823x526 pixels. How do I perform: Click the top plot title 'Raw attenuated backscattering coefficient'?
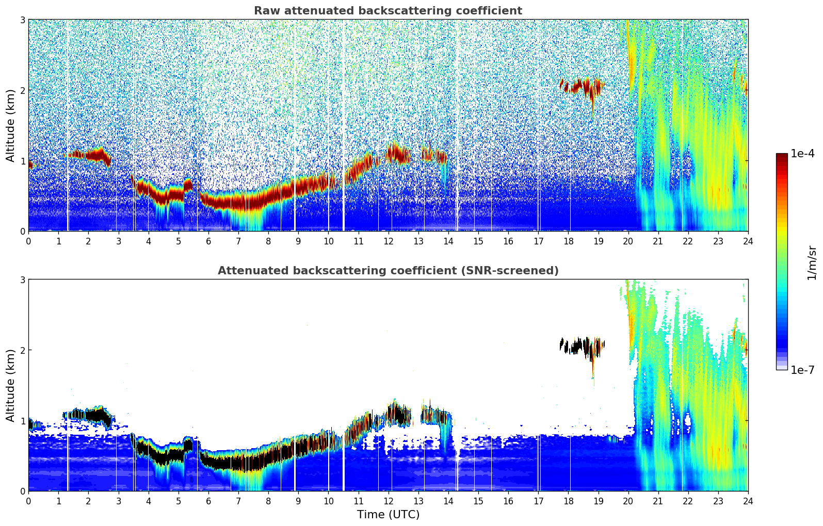point(388,11)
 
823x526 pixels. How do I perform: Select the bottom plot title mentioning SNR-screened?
point(388,271)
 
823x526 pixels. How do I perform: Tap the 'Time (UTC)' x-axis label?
point(388,515)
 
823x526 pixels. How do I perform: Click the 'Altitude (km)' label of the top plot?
point(10,125)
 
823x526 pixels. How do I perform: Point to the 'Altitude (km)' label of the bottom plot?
point(10,385)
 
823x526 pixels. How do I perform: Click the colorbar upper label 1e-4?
point(802,154)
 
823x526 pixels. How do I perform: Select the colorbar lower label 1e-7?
point(802,370)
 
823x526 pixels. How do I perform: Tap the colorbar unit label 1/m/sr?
point(812,262)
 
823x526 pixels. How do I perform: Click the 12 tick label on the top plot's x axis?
point(388,241)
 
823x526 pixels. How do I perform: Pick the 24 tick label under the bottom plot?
point(748,501)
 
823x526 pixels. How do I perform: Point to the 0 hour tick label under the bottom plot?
point(28,501)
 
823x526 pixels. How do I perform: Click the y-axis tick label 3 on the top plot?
point(23,20)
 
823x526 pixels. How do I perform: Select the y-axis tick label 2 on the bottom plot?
point(23,350)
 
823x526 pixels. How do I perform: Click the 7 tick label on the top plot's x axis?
point(238,241)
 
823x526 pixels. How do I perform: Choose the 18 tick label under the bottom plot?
point(568,501)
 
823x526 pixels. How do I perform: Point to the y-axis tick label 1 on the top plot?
point(23,161)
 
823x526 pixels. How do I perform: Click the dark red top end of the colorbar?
point(782,156)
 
